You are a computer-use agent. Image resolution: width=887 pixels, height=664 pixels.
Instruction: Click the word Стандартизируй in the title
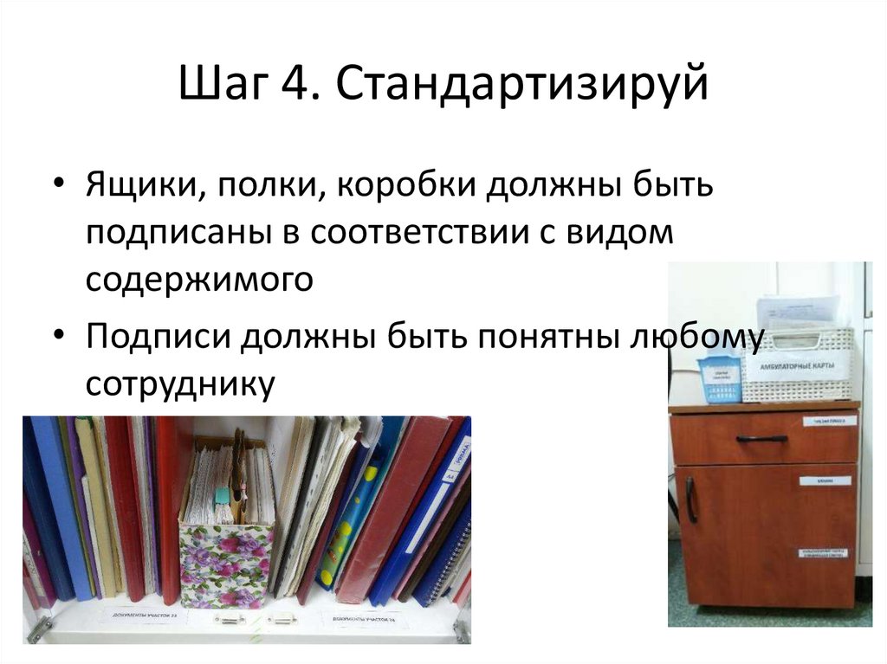coord(517,87)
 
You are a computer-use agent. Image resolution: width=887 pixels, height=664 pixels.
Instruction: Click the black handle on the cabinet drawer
coord(761,439)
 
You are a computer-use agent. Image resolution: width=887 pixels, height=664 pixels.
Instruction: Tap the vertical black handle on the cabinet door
coord(690,500)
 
